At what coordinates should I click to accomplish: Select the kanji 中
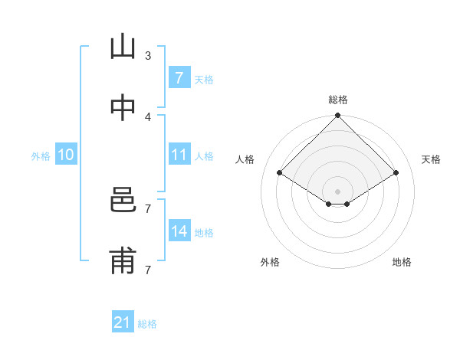coord(123,108)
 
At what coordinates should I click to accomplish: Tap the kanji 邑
coord(123,201)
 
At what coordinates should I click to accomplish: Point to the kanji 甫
coord(123,261)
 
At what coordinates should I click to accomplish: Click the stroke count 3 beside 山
coord(148,55)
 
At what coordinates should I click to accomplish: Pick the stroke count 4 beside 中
coord(148,116)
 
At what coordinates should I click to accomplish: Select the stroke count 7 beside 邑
coord(148,208)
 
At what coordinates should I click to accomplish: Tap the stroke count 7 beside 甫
coord(148,270)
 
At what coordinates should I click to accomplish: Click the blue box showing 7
coord(179,77)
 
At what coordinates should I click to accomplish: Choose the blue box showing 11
coord(179,155)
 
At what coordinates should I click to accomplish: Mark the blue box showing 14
coord(179,231)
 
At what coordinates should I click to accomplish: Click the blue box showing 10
coord(66,155)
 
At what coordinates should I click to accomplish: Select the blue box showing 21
coord(123,322)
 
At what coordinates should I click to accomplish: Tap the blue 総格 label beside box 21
coord(147,324)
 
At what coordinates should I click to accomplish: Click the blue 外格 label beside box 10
coord(41,155)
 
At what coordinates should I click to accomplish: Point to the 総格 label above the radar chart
coord(338,100)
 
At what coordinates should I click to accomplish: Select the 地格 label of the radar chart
coord(402,262)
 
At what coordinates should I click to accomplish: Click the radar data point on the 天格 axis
coord(396,173)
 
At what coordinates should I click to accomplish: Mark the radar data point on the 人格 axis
coord(280,173)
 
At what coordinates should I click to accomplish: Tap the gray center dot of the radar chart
coord(338,191)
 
